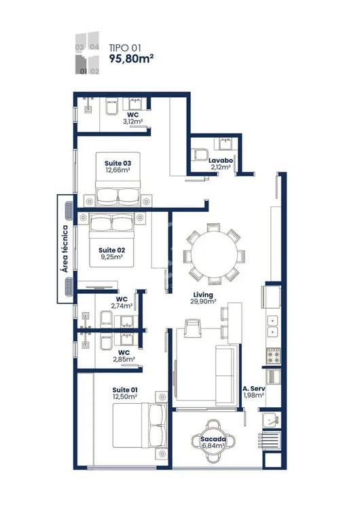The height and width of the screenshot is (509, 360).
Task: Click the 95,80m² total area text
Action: (x=131, y=58)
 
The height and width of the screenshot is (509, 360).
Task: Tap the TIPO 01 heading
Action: (x=125, y=48)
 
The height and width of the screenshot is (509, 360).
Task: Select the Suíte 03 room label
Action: (x=118, y=164)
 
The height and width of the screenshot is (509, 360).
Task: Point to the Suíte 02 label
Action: (x=112, y=250)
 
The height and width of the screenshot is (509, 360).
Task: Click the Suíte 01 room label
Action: (x=125, y=390)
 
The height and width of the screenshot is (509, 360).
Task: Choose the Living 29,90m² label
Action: (x=203, y=298)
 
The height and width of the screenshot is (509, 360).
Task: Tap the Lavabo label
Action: (x=221, y=160)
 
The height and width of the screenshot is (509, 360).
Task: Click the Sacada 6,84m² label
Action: (x=213, y=442)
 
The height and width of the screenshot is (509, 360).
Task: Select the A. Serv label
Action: (x=254, y=389)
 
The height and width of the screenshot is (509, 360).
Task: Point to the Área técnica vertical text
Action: (x=65, y=249)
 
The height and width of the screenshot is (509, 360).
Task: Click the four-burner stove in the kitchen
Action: (x=274, y=356)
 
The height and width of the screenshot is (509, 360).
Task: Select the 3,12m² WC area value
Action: (x=132, y=121)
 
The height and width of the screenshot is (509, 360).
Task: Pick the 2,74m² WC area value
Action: (x=122, y=306)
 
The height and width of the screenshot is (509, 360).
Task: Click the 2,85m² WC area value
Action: (x=124, y=359)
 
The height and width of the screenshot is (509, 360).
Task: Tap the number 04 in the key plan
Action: (x=94, y=47)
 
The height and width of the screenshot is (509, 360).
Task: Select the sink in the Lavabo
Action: (x=226, y=143)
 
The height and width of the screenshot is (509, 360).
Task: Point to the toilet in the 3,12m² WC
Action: (x=112, y=107)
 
